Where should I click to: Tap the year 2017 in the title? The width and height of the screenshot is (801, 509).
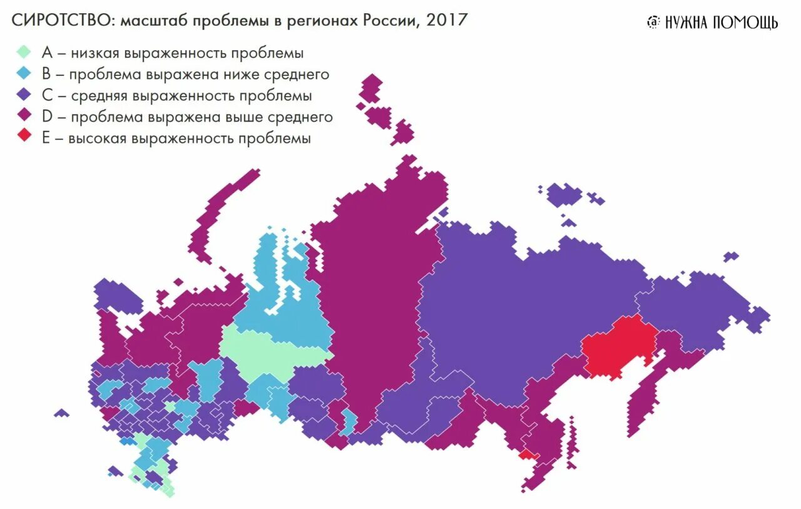(446, 21)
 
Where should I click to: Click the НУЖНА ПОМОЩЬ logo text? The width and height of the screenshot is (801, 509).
(722, 23)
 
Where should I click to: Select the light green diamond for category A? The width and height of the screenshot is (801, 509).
(24, 52)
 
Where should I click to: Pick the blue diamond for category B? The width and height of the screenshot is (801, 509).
(24, 73)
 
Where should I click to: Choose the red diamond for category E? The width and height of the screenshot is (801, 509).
(24, 137)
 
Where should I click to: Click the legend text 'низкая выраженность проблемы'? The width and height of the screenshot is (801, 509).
(187, 53)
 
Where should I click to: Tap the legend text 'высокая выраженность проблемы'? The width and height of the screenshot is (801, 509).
(190, 138)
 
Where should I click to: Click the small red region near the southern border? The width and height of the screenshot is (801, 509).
(527, 455)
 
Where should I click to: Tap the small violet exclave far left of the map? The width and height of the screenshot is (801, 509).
(61, 413)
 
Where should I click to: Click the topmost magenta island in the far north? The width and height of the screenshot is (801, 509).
(370, 88)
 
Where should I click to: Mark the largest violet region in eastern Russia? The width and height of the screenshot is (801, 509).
(532, 301)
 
